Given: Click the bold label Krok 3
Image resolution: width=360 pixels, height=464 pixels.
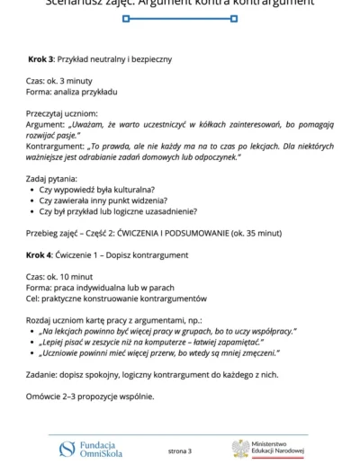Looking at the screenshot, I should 40,59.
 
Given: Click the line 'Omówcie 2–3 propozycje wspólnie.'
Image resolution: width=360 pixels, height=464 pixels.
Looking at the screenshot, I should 90,397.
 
